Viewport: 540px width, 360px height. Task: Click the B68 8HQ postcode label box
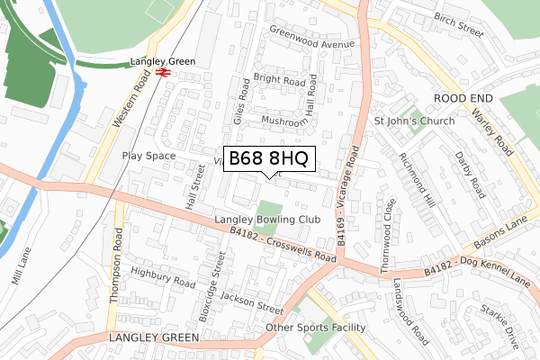click(269, 159)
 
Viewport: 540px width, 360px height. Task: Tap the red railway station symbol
click(163, 73)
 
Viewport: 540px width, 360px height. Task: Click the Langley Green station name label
click(162, 61)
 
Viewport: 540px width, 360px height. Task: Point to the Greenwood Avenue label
click(310, 41)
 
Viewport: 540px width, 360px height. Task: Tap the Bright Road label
click(280, 79)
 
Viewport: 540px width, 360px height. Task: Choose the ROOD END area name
click(463, 96)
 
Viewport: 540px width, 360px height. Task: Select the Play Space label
click(149, 155)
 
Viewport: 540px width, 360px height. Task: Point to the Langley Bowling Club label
click(267, 220)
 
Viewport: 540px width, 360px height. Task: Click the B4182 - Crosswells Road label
click(282, 244)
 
